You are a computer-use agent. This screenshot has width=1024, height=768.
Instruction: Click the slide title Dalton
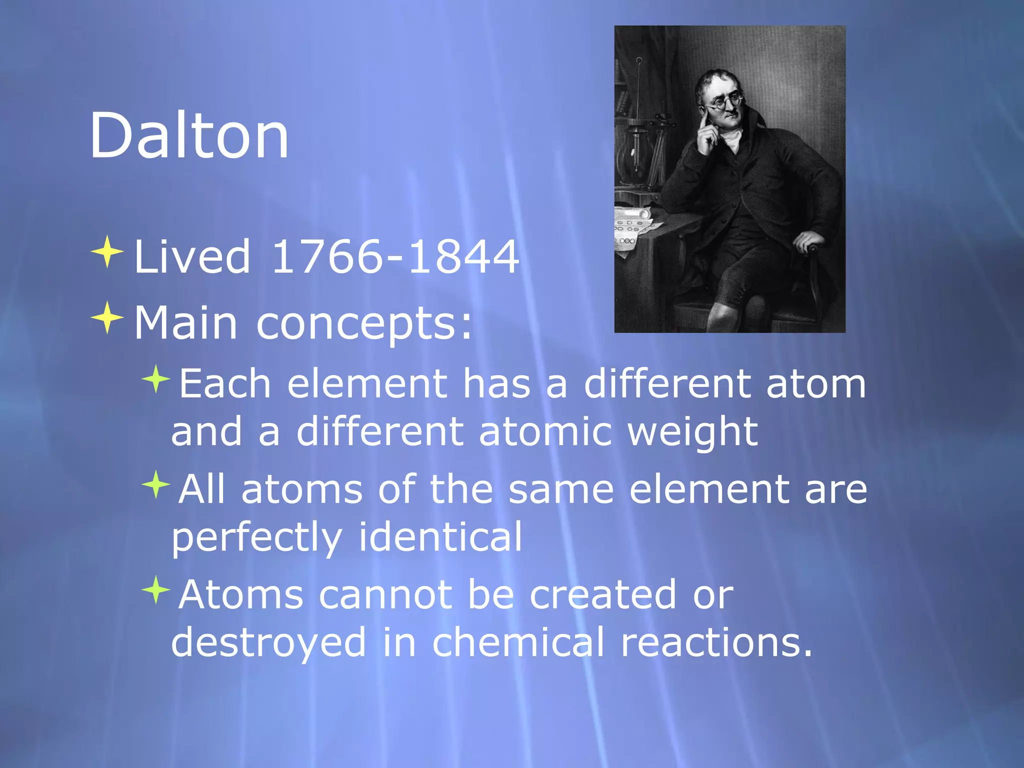coord(189,135)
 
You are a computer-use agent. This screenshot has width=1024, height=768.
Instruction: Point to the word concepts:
coord(364,324)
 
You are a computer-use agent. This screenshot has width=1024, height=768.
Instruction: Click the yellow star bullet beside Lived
coord(107,251)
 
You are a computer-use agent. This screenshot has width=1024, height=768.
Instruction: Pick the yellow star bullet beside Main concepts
coord(107,317)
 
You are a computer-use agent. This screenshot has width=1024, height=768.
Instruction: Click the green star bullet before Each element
coord(156,379)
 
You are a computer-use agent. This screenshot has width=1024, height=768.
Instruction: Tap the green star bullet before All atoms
coord(156,484)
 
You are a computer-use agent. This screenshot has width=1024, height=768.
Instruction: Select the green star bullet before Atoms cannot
coord(156,589)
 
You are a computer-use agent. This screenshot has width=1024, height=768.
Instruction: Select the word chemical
coord(518,642)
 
